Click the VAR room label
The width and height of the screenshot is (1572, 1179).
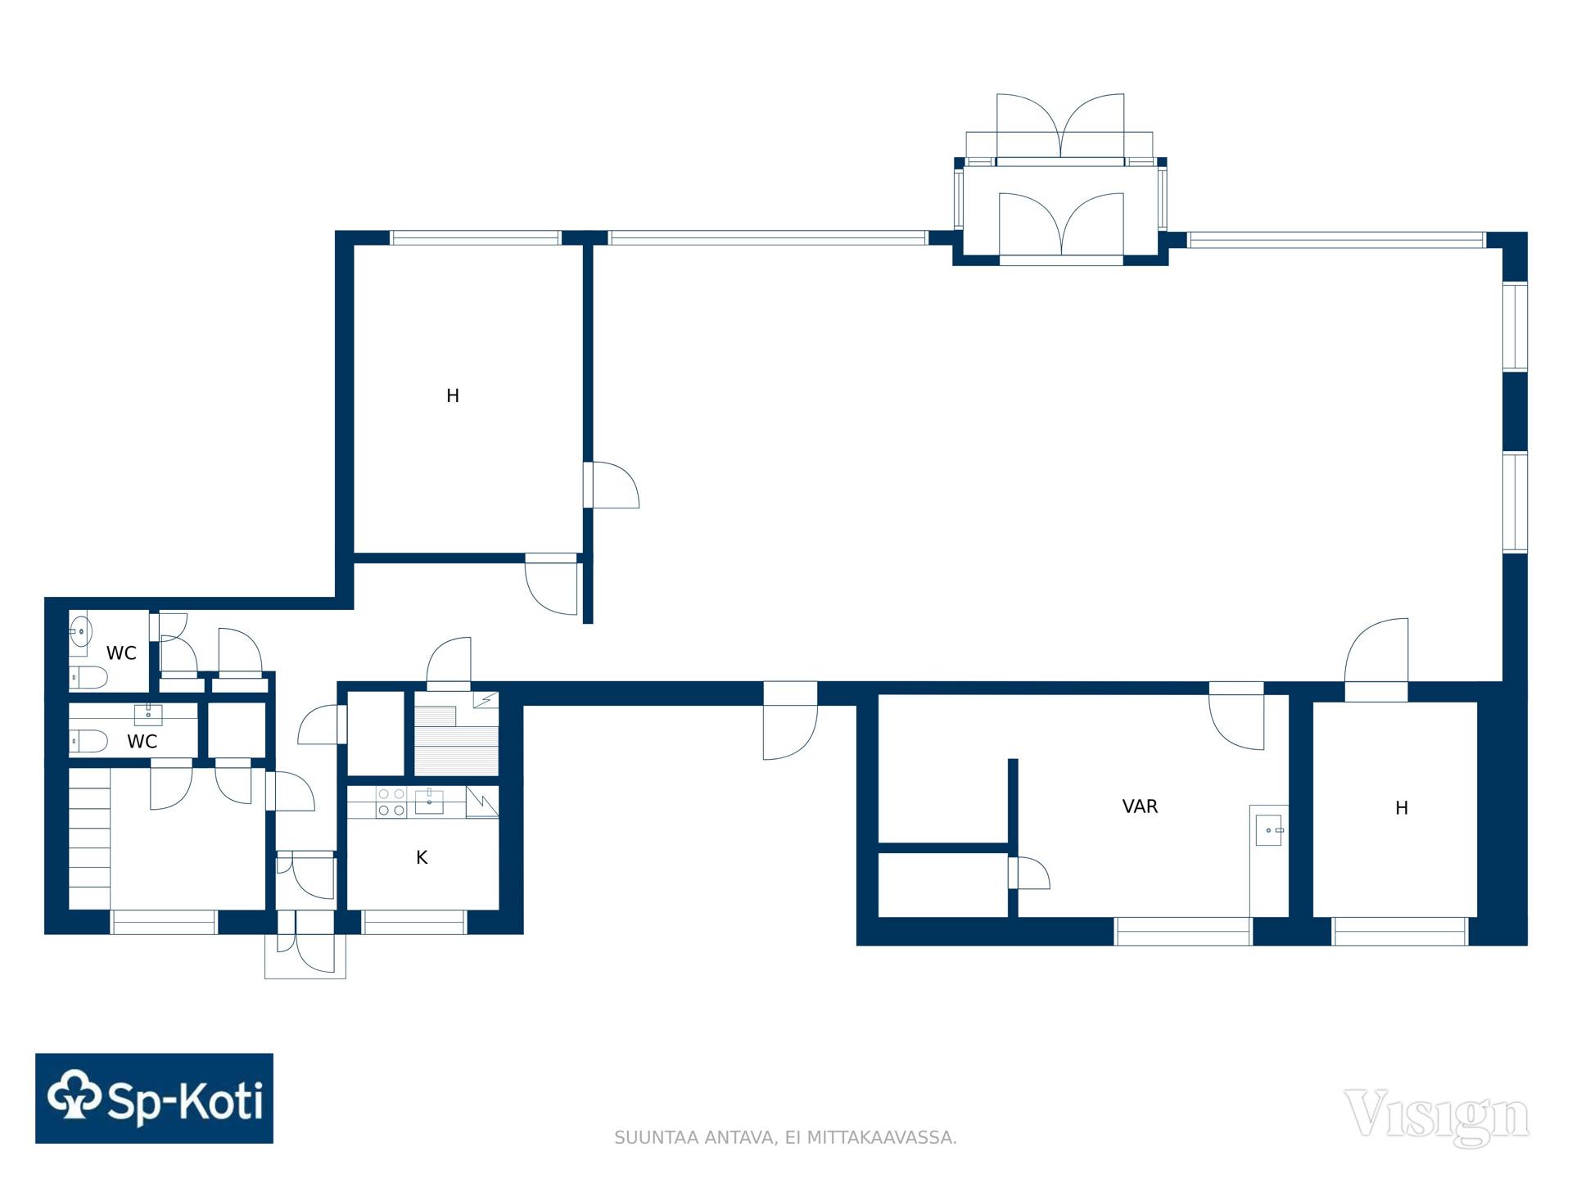1140,806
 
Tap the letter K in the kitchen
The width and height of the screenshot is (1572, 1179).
422,857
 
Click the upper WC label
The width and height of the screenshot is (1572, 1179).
121,653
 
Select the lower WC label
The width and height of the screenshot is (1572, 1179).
142,742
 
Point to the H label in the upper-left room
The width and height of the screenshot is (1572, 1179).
453,396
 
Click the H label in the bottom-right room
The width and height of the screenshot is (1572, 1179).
1402,808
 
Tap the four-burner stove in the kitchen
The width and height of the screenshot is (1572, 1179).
391,802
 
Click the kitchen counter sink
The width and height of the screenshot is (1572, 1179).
429,801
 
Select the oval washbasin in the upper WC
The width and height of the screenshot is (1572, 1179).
79,632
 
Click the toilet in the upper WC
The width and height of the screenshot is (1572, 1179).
88,677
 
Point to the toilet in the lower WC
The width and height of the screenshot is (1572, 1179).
88,742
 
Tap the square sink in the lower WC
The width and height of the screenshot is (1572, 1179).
148,715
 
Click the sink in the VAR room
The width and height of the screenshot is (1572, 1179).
1269,830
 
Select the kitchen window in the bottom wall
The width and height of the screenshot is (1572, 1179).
414,923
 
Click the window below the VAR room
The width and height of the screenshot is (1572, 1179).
1183,932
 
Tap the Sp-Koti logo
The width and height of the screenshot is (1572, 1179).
154,1098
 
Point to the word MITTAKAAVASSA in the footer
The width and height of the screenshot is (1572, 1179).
882,1137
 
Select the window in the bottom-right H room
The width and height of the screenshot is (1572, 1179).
1400,932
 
